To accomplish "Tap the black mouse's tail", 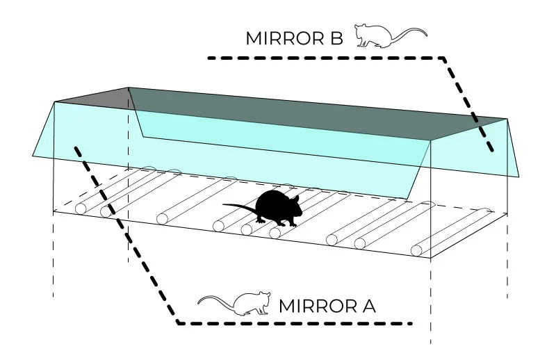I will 236,206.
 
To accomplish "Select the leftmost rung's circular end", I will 81,208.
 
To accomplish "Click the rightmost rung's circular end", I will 416,250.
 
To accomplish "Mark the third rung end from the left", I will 163,219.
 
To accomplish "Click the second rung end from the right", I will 360,243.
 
